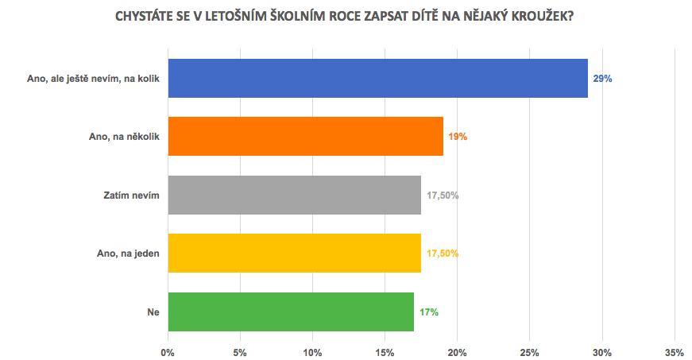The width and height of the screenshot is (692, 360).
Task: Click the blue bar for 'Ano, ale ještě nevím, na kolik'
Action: (377, 78)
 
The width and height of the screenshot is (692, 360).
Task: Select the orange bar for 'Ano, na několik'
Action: (305, 137)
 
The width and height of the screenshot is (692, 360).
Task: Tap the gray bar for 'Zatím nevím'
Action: (294, 195)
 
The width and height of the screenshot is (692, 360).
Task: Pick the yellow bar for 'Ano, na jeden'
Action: (294, 254)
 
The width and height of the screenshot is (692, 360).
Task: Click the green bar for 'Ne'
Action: (291, 312)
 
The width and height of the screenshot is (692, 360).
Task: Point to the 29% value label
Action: (602, 79)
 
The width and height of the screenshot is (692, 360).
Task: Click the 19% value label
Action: (458, 137)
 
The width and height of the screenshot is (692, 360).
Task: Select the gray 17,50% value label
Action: (443, 195)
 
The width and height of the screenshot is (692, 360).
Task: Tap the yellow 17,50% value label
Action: (443, 254)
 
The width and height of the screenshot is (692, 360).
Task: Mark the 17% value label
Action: (428, 312)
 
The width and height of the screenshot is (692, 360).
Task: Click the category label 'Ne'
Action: (153, 312)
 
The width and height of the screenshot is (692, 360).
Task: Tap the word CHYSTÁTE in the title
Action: (149, 17)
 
